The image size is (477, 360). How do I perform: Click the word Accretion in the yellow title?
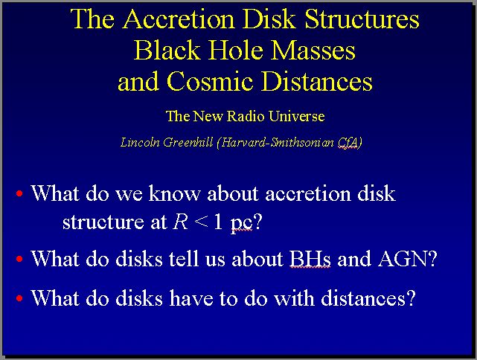click(x=179, y=19)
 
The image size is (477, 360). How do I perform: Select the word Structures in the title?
click(x=362, y=19)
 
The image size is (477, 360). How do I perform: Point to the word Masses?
click(x=313, y=51)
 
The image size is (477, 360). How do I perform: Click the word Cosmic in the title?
click(x=210, y=82)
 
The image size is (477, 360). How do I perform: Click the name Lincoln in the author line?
click(x=140, y=142)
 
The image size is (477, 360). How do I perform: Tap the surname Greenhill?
click(x=188, y=142)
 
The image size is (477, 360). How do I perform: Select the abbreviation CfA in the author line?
click(x=348, y=142)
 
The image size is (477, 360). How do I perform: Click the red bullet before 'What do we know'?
click(x=19, y=193)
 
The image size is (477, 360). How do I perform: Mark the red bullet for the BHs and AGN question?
click(x=19, y=259)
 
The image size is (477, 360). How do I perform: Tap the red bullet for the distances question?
click(x=19, y=298)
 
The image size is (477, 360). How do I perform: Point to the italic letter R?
click(x=180, y=222)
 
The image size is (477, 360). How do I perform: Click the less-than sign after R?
click(x=201, y=222)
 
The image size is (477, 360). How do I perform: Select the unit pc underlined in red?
click(x=242, y=223)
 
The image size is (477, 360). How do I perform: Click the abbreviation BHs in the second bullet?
click(x=310, y=259)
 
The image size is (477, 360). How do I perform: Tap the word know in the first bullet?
click(x=174, y=193)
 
